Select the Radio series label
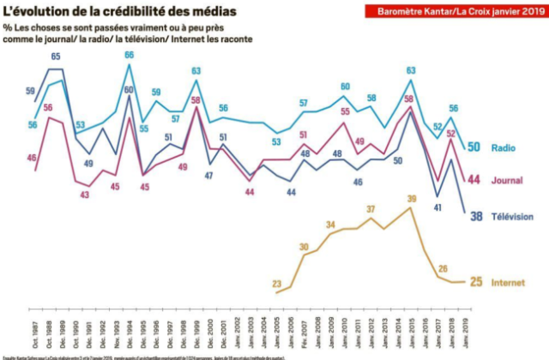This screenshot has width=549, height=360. point(502,147)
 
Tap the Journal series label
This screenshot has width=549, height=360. point(506,180)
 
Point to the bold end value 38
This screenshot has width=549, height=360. point(475,216)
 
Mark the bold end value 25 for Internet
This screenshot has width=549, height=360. point(477,282)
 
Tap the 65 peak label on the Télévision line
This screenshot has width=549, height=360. point(55,57)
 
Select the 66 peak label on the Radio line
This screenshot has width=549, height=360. point(129,55)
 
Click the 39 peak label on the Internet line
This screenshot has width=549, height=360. point(412,198)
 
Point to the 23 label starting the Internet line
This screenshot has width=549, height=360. point(276,284)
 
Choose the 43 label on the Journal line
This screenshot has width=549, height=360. point(85,195)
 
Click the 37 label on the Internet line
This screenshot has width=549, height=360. point(371,209)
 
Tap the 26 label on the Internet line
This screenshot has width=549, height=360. point(443,268)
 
